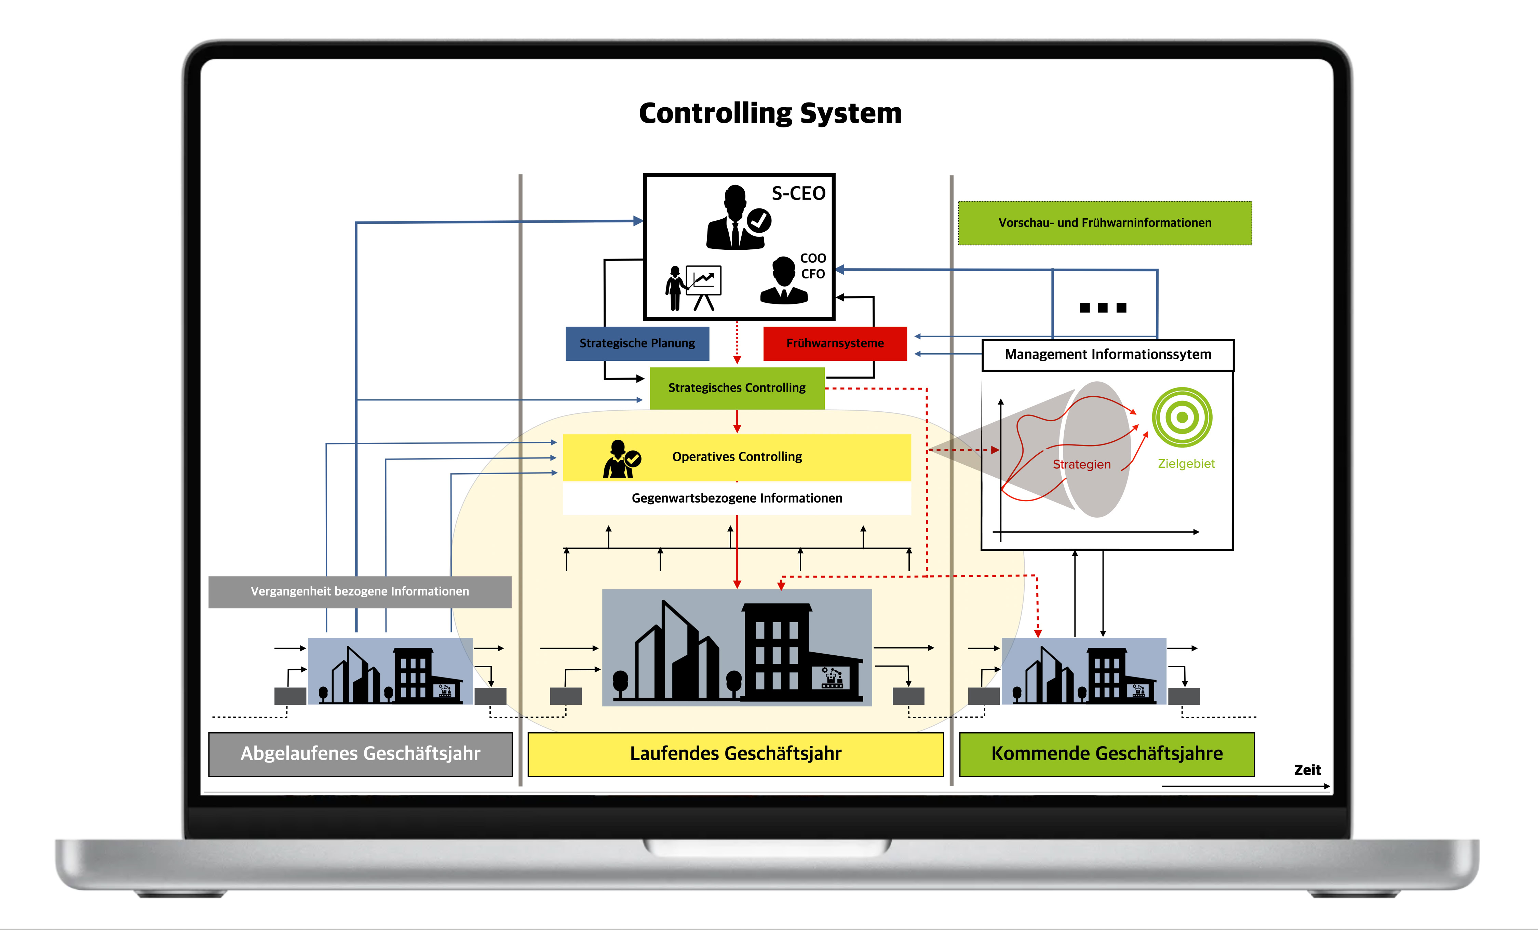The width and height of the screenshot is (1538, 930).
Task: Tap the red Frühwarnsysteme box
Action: tap(835, 343)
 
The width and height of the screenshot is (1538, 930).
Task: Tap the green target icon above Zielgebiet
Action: tap(1182, 417)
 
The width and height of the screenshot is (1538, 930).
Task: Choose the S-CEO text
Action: tap(798, 193)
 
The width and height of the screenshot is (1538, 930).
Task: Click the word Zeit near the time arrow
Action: tap(1307, 770)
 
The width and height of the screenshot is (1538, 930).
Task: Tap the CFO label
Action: tap(813, 274)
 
